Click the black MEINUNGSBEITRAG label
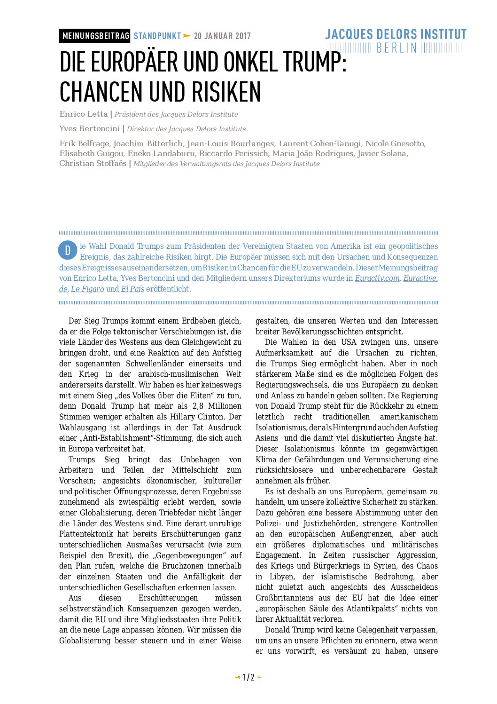click(95, 36)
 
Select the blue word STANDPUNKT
click(157, 36)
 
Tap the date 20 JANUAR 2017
click(222, 36)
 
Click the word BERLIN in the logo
click(396, 48)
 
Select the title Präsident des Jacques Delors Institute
click(176, 114)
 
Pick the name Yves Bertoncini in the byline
click(89, 129)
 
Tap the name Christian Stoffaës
click(93, 164)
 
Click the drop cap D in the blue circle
click(68, 250)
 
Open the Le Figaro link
click(87, 289)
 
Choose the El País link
click(132, 289)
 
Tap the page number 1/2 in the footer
click(248, 677)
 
